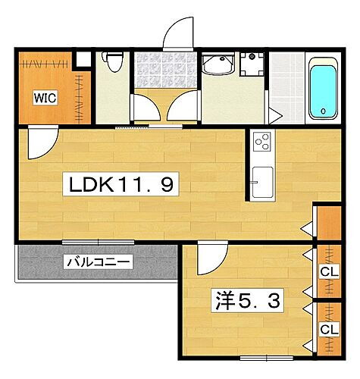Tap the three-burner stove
pyautogui.click(x=262, y=141)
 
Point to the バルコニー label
pyautogui.click(x=99, y=263)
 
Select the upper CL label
pyautogui.click(x=329, y=271)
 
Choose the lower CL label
pyautogui.click(x=329, y=329)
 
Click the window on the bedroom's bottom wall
pyautogui.click(x=261, y=356)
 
